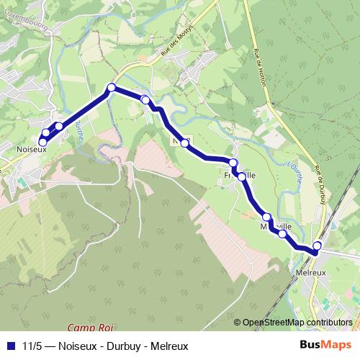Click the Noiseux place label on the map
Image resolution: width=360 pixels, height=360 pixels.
click(x=31, y=149)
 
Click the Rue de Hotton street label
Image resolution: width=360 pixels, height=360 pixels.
click(x=259, y=68)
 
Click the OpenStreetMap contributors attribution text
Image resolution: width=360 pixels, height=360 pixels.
click(x=297, y=323)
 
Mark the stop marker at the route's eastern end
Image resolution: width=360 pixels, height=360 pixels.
click(x=317, y=246)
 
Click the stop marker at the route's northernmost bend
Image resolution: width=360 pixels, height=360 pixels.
click(x=111, y=88)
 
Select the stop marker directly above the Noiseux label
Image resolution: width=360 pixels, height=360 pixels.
click(x=42, y=142)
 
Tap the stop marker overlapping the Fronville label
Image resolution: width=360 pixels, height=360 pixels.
click(x=233, y=163)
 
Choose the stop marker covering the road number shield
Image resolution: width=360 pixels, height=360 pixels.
click(x=185, y=143)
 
